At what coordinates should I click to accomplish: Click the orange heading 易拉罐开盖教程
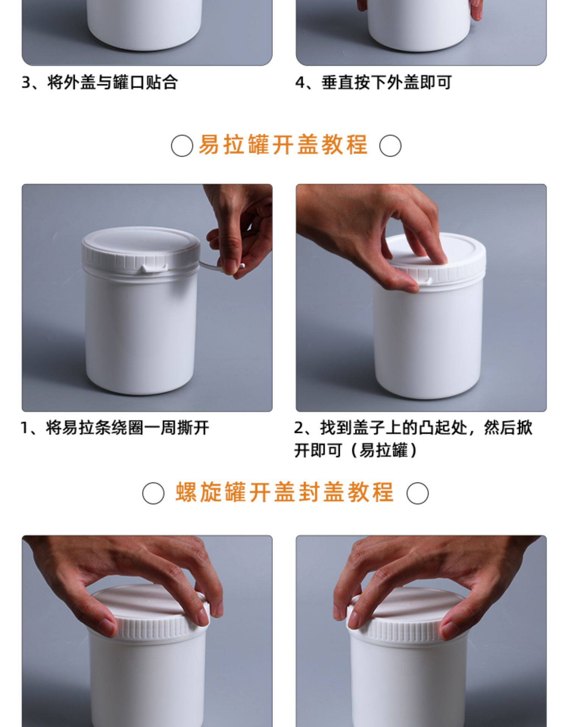click(283, 145)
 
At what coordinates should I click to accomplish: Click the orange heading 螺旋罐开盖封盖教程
click(285, 492)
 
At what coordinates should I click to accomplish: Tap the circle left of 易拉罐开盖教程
click(182, 146)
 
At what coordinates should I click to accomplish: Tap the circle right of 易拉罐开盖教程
click(390, 146)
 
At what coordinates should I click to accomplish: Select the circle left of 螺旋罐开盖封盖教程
click(153, 493)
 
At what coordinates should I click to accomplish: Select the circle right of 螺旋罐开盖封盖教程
click(417, 493)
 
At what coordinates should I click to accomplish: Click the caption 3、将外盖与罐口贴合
click(100, 82)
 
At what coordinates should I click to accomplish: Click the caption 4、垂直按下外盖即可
click(373, 82)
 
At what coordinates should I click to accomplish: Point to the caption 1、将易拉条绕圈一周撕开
click(115, 428)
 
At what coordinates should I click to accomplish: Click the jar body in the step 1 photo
click(140, 333)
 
